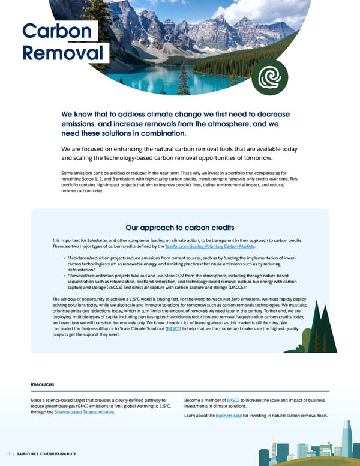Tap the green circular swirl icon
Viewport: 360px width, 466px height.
pos(266,78)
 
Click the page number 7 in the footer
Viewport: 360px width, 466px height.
pos(10,453)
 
